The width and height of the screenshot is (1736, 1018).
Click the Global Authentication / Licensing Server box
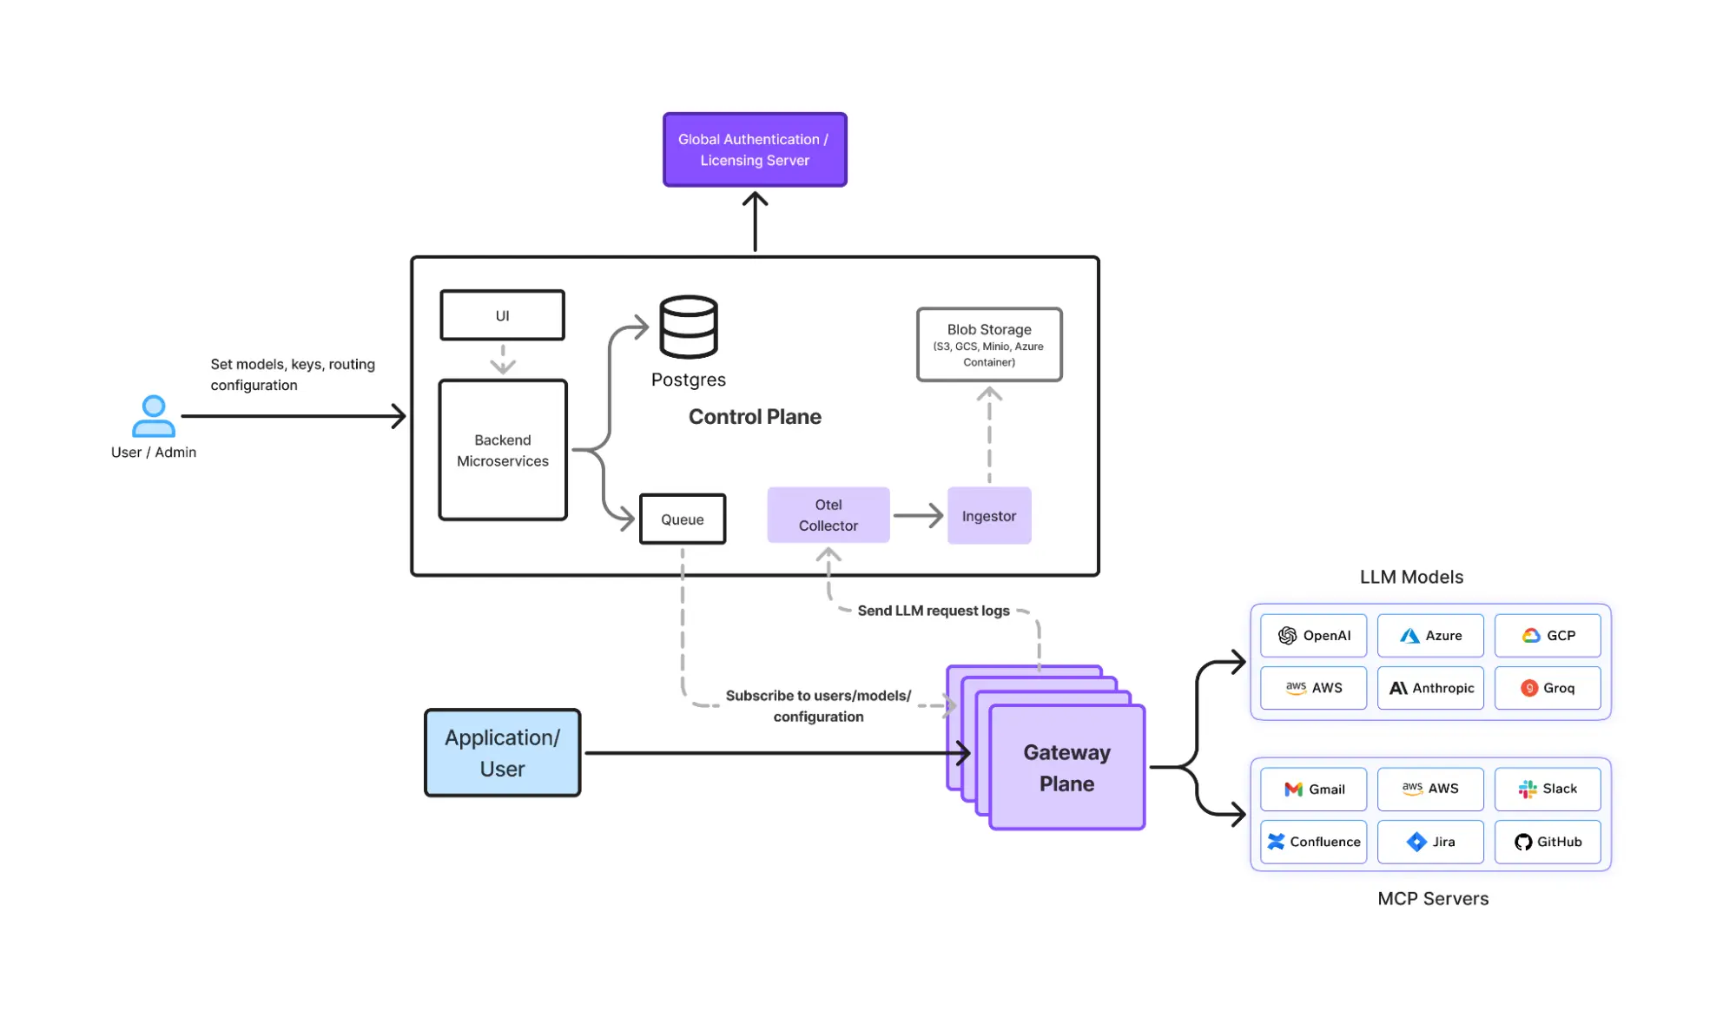click(754, 149)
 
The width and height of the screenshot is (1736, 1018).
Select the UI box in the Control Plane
click(502, 315)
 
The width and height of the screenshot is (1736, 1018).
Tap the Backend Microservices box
click(502, 450)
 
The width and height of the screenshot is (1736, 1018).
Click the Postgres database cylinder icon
click(688, 327)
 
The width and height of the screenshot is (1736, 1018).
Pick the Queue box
click(682, 519)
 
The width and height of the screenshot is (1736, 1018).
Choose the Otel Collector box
click(828, 515)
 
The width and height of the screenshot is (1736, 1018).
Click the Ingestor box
click(988, 516)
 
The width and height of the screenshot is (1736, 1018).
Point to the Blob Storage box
click(988, 345)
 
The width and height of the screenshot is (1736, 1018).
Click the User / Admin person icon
click(153, 416)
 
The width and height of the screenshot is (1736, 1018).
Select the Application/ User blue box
click(502, 753)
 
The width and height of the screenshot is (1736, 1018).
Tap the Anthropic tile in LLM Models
click(1430, 688)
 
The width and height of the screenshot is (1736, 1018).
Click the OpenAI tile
click(1313, 636)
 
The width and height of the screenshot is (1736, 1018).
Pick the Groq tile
click(1547, 688)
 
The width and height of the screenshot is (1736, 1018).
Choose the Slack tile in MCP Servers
click(1547, 789)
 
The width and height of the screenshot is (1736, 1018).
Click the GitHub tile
click(1547, 842)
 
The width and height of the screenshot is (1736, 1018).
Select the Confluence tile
click(1313, 842)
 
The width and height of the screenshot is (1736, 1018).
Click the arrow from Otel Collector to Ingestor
click(918, 516)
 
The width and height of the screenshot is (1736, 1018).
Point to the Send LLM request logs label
click(933, 611)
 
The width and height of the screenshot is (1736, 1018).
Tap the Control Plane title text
click(754, 417)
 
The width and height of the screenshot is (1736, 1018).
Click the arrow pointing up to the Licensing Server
click(755, 221)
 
